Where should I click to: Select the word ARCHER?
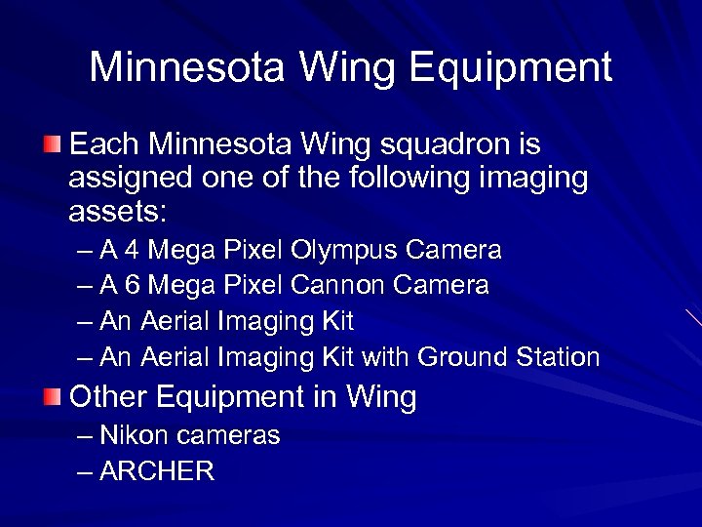(x=157, y=471)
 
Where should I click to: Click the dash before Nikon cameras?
(x=84, y=436)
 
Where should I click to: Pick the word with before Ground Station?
(x=386, y=357)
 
